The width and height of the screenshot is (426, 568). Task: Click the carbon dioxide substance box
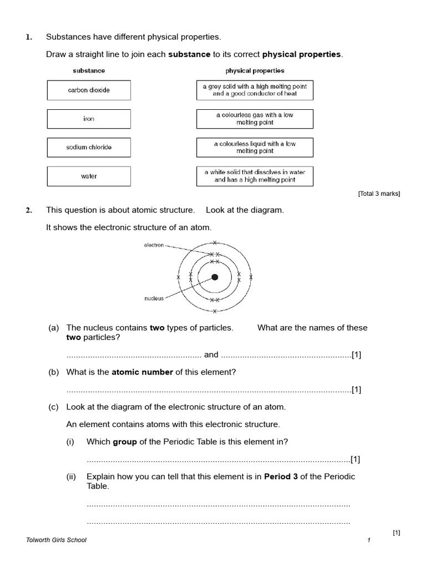(89, 90)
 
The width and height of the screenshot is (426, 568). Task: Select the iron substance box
(89, 119)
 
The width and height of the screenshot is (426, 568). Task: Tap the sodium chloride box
(89, 148)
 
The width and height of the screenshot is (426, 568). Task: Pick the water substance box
(89, 176)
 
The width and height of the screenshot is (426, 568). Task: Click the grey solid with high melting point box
(255, 90)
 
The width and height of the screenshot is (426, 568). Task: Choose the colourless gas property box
(255, 119)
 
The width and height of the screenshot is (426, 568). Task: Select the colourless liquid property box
(255, 148)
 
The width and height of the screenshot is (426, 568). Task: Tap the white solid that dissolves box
(255, 176)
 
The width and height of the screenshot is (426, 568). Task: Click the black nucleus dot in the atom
(215, 277)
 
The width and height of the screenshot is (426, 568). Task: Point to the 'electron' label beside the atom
(154, 245)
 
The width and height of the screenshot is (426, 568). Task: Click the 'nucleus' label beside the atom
(154, 298)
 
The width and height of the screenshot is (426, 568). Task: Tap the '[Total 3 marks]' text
(379, 194)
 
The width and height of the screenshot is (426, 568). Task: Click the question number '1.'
(29, 37)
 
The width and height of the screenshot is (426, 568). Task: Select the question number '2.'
(29, 210)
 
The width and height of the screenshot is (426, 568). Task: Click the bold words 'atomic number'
(143, 372)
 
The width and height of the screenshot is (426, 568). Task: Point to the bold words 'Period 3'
(281, 476)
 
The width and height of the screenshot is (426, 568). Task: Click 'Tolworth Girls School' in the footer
(57, 540)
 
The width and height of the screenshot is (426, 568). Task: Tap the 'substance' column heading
(89, 71)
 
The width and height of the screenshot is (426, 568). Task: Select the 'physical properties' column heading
(255, 71)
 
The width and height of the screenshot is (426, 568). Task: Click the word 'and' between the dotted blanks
(211, 355)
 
